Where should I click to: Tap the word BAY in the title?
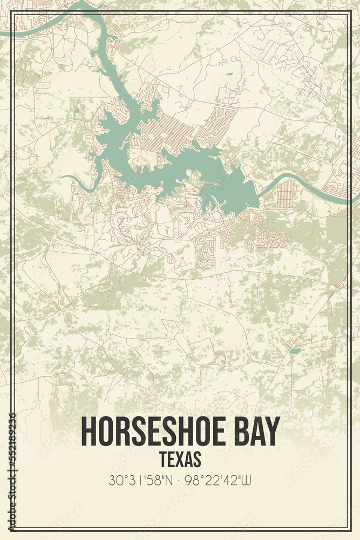click(256, 431)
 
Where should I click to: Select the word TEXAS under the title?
click(180, 459)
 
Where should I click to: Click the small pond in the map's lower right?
click(294, 351)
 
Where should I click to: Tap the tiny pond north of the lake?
click(230, 74)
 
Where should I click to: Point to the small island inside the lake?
click(192, 174)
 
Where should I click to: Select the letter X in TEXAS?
click(180, 459)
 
